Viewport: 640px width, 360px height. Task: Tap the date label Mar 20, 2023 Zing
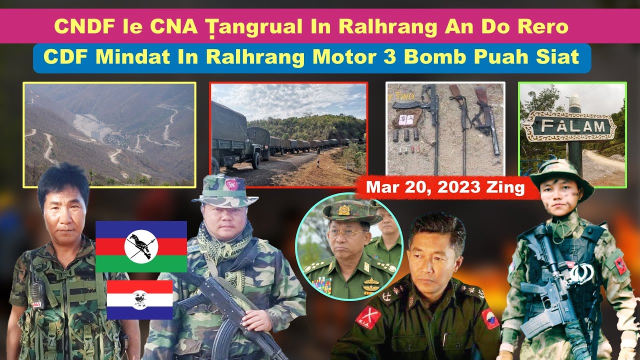[x=446, y=188]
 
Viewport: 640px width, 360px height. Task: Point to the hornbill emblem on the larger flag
[x=141, y=246]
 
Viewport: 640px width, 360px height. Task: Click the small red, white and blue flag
[x=139, y=299]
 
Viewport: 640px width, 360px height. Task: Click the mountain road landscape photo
[x=109, y=134]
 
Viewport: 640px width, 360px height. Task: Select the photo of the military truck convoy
[x=288, y=134]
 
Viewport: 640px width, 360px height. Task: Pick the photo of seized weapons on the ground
[x=445, y=128]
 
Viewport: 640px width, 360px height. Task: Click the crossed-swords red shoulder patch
[x=368, y=317]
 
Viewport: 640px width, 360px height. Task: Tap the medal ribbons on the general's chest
[x=320, y=285]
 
